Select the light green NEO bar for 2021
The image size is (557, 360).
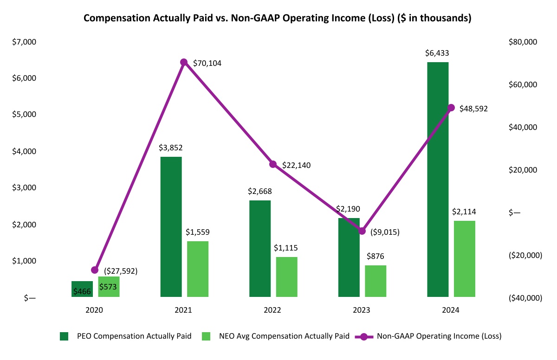pyautogui.click(x=198, y=269)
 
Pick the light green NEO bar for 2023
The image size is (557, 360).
pyautogui.click(x=376, y=281)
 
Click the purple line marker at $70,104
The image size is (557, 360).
pyautogui.click(x=184, y=62)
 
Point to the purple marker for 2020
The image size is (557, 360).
pyautogui.click(x=95, y=270)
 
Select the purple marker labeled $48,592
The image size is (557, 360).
pyautogui.click(x=451, y=108)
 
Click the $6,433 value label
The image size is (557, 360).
pyautogui.click(x=437, y=53)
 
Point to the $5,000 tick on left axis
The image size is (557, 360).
pyautogui.click(x=24, y=115)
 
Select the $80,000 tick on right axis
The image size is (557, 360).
pyautogui.click(x=523, y=42)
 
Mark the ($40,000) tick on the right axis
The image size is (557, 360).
pyautogui.click(x=525, y=298)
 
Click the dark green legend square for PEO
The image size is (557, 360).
pyautogui.click(x=64, y=336)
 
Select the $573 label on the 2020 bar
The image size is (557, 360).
pyautogui.click(x=108, y=287)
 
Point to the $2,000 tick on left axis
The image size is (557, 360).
pyautogui.click(x=24, y=225)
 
